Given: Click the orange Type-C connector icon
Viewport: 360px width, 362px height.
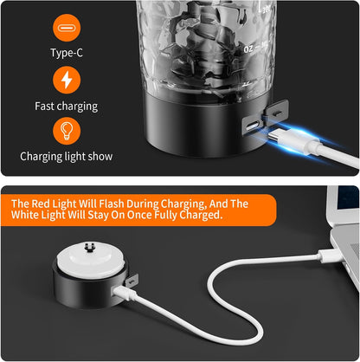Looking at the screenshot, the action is pyautogui.click(x=67, y=28).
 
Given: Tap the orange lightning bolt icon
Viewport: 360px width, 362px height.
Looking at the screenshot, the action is pyautogui.click(x=67, y=80).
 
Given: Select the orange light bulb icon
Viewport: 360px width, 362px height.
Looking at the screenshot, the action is pyautogui.click(x=67, y=131).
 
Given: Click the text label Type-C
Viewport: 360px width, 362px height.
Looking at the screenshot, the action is pyautogui.click(x=67, y=53).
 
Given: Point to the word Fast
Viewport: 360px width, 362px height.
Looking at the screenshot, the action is pyautogui.click(x=45, y=106).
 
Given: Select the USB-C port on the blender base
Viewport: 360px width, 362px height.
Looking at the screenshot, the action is pyautogui.click(x=253, y=126).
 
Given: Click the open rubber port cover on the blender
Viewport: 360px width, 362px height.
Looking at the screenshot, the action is pyautogui.click(x=276, y=112).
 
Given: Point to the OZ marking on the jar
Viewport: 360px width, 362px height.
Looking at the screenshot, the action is pyautogui.click(x=248, y=48).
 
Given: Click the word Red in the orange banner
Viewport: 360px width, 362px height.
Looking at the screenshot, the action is pyautogui.click(x=41, y=204).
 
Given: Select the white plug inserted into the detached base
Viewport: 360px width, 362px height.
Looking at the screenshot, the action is pyautogui.click(x=125, y=293).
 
